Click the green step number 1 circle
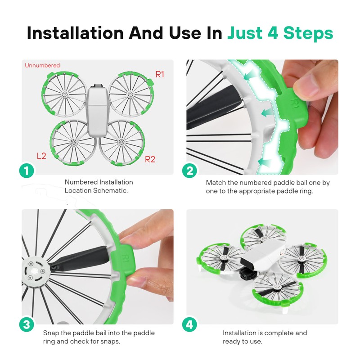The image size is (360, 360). click(x=27, y=171)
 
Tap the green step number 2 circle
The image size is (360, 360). click(x=189, y=171)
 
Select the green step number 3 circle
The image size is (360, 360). click(x=27, y=324)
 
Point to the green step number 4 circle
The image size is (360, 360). click(x=189, y=324)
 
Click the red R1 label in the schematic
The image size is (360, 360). click(x=160, y=74)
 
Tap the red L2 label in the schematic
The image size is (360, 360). click(x=41, y=156)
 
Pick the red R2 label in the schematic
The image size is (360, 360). click(x=150, y=159)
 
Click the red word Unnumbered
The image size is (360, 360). click(x=42, y=65)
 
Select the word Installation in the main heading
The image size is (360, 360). click(x=75, y=33)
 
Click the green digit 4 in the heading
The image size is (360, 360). click(x=273, y=33)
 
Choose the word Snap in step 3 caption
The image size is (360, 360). click(x=51, y=333)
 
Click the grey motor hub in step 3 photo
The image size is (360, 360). click(x=36, y=271)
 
